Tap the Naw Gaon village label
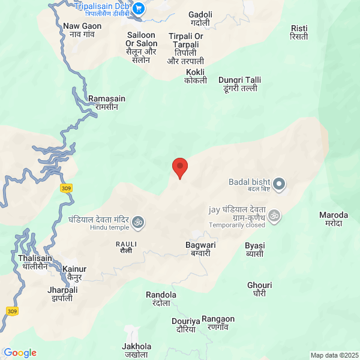(82, 30)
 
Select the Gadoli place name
(200, 18)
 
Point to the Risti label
(299, 32)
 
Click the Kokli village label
(196, 76)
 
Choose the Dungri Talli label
(238, 83)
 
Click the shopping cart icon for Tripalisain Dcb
(139, 8)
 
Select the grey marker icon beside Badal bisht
(281, 183)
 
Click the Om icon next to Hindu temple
(137, 223)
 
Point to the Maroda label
(334, 218)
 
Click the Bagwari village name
(200, 249)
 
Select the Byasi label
(255, 250)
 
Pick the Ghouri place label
(259, 289)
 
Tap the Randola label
(161, 299)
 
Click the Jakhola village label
(137, 350)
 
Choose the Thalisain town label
(35, 262)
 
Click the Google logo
(20, 353)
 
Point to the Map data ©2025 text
(334, 355)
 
